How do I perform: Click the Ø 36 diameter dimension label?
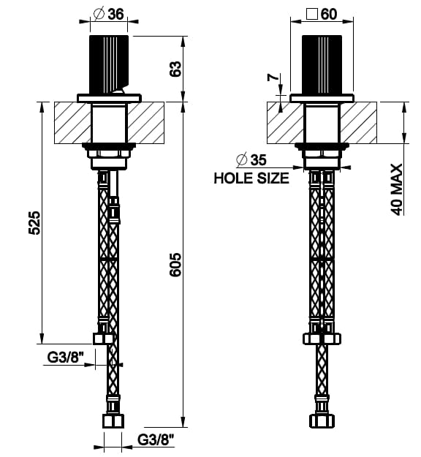pyautogui.click(x=109, y=14)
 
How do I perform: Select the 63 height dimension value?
pyautogui.click(x=175, y=69)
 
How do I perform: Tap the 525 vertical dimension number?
pyautogui.click(x=34, y=223)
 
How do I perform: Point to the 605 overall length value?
pyautogui.click(x=175, y=265)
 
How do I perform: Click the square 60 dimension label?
pyautogui.click(x=322, y=14)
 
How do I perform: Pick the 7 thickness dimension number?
pyautogui.click(x=273, y=78)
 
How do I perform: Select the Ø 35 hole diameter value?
pyautogui.click(x=251, y=159)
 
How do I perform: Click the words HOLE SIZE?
pyautogui.click(x=251, y=178)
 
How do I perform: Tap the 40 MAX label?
pyautogui.click(x=397, y=189)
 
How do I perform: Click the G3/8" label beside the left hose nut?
pyautogui.click(x=66, y=357)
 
